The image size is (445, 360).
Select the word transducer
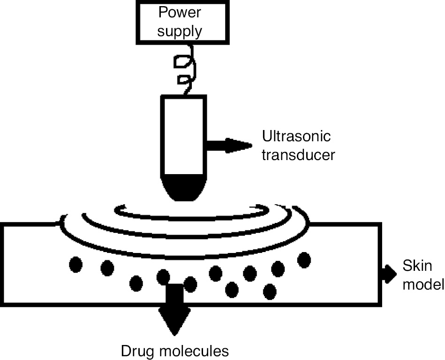pyautogui.click(x=299, y=155)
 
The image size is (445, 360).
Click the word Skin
pyautogui.click(x=417, y=266)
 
